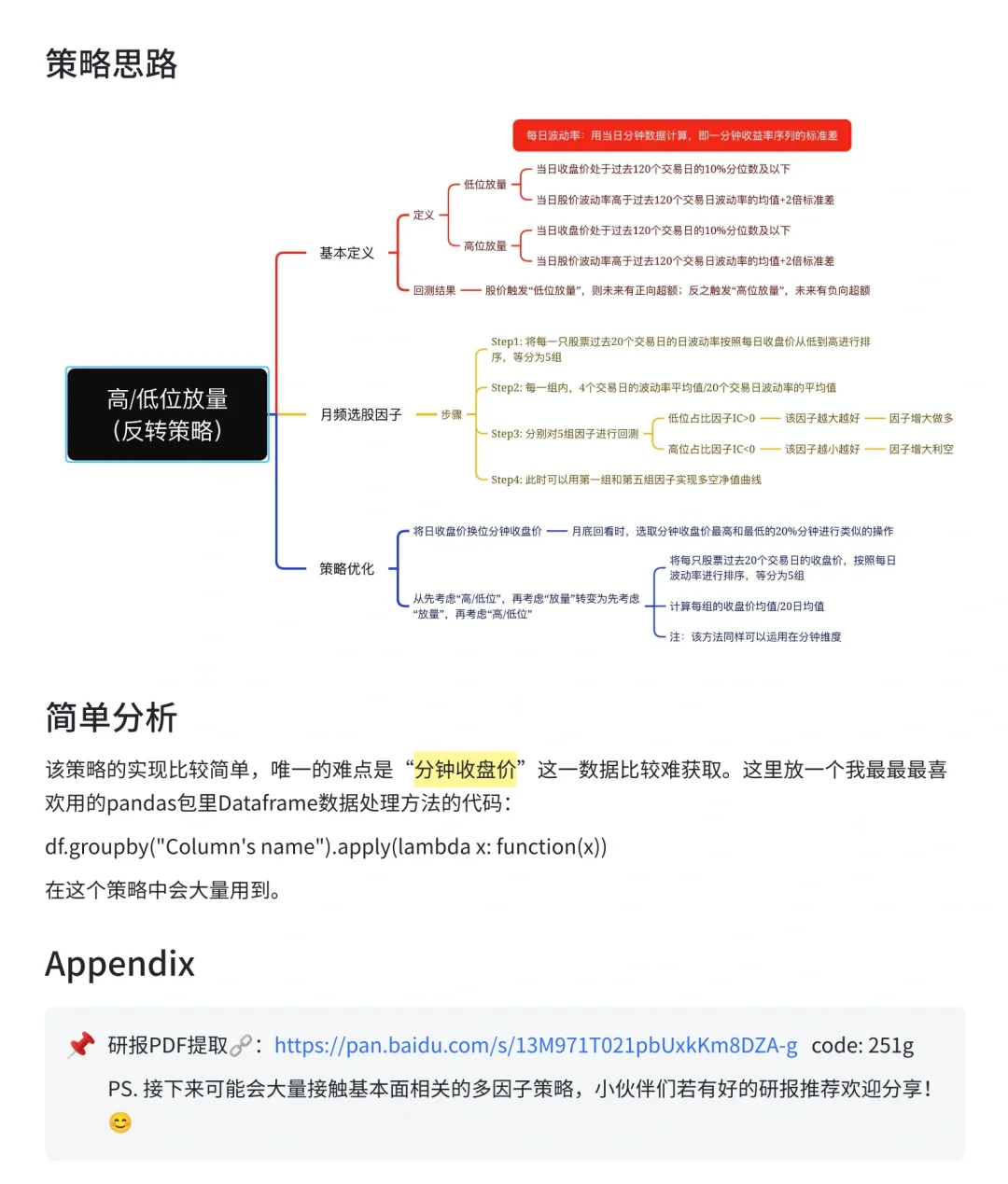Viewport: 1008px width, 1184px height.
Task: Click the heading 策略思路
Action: pyautogui.click(x=111, y=64)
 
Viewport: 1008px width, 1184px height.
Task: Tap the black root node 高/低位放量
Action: pyautogui.click(x=167, y=414)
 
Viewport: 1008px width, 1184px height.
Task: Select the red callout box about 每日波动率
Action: pyautogui.click(x=681, y=135)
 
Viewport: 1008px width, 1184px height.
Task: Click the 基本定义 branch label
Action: pyautogui.click(x=346, y=253)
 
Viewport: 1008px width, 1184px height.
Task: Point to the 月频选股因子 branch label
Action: pyautogui.click(x=360, y=414)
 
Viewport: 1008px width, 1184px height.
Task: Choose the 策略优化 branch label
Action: pyautogui.click(x=346, y=568)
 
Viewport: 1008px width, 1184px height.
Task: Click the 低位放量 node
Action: pyautogui.click(x=484, y=185)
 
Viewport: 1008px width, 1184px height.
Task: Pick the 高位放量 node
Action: pyautogui.click(x=484, y=246)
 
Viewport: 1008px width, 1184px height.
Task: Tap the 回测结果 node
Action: pyautogui.click(x=434, y=291)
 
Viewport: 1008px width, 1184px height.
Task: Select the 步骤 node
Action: pyautogui.click(x=451, y=414)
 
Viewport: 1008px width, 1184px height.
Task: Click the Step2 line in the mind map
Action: pyautogui.click(x=663, y=387)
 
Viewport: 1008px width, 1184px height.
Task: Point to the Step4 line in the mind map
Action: pyautogui.click(x=625, y=480)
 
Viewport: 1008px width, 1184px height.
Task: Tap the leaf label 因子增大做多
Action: pyautogui.click(x=920, y=418)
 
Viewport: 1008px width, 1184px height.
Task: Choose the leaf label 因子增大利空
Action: pyautogui.click(x=920, y=449)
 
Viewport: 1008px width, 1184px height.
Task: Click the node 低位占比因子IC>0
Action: pyautogui.click(x=711, y=418)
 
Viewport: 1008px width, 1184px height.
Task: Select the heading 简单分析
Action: pyautogui.click(x=111, y=717)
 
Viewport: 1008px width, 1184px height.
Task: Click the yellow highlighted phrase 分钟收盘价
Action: pyautogui.click(x=465, y=770)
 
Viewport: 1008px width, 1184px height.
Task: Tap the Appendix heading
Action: pyautogui.click(x=120, y=964)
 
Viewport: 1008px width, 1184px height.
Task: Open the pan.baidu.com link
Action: pyautogui.click(x=536, y=1045)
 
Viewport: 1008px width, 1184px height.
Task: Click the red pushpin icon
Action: pyautogui.click(x=81, y=1045)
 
